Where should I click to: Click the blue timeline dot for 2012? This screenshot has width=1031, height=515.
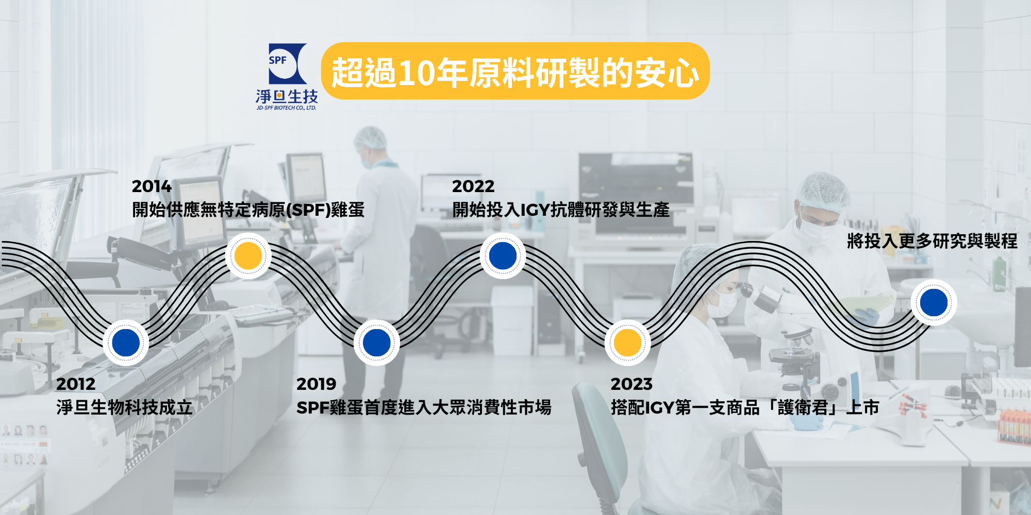click(126, 342)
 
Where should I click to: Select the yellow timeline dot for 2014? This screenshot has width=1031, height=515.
click(248, 256)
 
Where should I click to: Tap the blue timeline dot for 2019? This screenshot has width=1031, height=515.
click(377, 342)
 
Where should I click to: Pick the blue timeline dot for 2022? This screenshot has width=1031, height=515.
click(503, 256)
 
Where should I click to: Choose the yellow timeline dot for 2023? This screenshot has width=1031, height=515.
click(628, 342)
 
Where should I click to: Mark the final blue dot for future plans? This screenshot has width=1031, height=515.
click(934, 302)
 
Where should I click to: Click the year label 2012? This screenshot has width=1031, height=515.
click(76, 384)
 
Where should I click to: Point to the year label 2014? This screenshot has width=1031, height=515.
click(152, 186)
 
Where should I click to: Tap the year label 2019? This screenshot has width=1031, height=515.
click(316, 384)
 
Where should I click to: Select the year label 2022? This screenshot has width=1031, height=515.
click(473, 186)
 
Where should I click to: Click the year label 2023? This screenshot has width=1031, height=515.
click(631, 384)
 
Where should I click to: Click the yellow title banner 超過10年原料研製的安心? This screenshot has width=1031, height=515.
click(515, 71)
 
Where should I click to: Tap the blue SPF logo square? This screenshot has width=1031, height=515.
click(288, 63)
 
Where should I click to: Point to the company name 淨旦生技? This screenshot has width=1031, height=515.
click(287, 96)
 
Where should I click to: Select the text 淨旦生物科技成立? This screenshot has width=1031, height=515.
click(124, 407)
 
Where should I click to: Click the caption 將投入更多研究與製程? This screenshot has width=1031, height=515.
click(932, 241)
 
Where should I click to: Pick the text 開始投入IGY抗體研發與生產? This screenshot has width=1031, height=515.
click(561, 210)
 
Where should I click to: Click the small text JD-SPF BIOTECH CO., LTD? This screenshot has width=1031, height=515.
click(287, 108)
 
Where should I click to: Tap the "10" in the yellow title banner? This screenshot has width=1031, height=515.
click(417, 73)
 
